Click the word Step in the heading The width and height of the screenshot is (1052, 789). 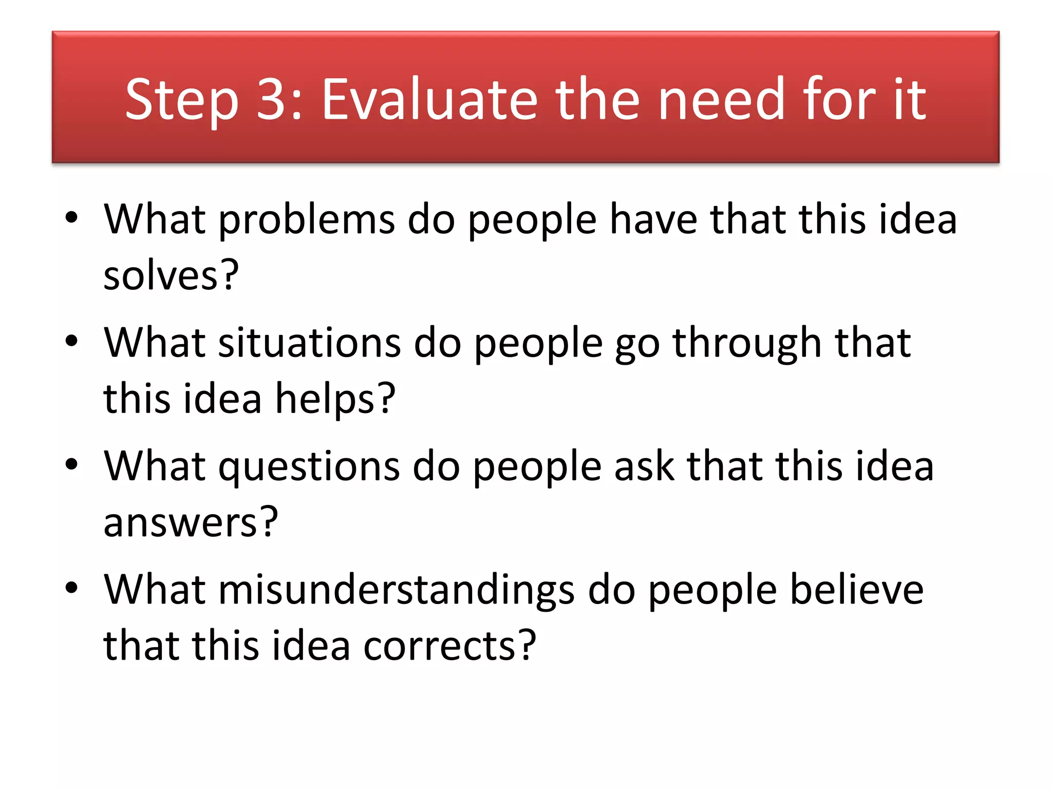182,101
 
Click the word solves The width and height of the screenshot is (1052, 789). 171,275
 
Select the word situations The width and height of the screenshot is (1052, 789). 309,343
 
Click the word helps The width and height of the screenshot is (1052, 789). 335,399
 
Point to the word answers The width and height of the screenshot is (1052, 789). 190,522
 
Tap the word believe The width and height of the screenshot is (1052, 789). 856,589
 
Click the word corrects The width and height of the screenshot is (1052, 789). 449,646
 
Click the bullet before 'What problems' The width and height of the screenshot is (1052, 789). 71,217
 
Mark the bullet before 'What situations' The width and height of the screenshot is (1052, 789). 71,341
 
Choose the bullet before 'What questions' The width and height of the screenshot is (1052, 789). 71,464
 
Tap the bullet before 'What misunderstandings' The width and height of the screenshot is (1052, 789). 71,588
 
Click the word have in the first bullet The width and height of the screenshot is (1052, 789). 653,219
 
